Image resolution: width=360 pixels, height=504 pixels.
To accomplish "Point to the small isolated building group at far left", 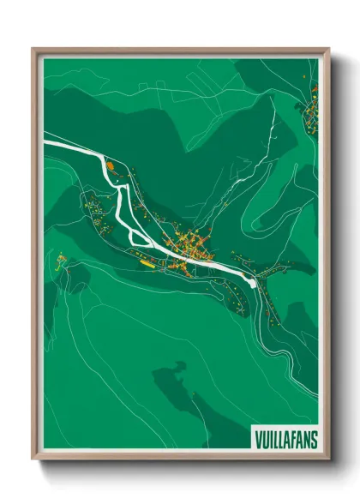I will tap(60, 259).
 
